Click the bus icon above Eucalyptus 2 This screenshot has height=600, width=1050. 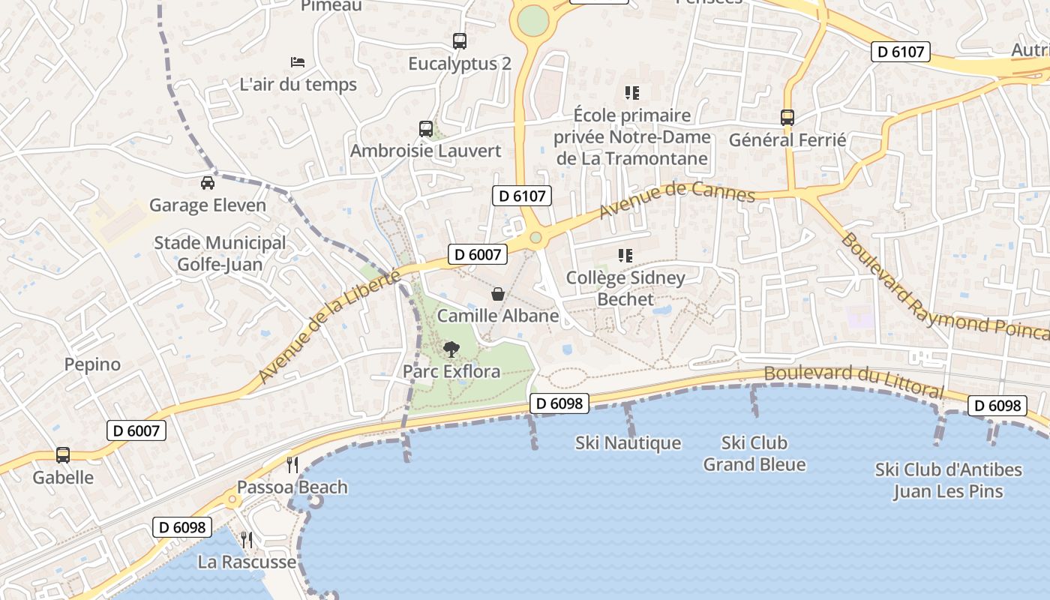tap(460, 41)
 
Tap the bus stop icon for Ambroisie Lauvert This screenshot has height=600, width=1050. tap(426, 129)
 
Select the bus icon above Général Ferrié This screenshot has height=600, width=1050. tap(787, 118)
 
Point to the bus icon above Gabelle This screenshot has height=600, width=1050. tap(63, 455)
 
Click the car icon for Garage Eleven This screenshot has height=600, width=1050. tap(208, 182)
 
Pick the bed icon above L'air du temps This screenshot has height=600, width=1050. tap(298, 61)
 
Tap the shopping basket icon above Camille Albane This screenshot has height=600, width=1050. tap(497, 293)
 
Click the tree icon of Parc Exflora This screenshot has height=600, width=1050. tap(451, 349)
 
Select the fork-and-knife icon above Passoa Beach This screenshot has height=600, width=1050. tap(292, 464)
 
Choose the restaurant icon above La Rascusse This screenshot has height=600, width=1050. tap(246, 539)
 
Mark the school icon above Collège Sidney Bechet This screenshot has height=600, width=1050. tap(625, 256)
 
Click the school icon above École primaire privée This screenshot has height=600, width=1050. tap(632, 93)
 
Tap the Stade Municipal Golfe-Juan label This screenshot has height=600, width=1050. tap(220, 253)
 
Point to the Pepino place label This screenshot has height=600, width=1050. tap(92, 364)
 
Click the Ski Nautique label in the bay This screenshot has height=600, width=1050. tap(628, 443)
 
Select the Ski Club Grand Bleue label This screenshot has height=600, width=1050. tap(754, 454)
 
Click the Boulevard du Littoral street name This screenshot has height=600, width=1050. tap(853, 381)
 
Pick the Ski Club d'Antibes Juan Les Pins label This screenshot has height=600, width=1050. tap(949, 481)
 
